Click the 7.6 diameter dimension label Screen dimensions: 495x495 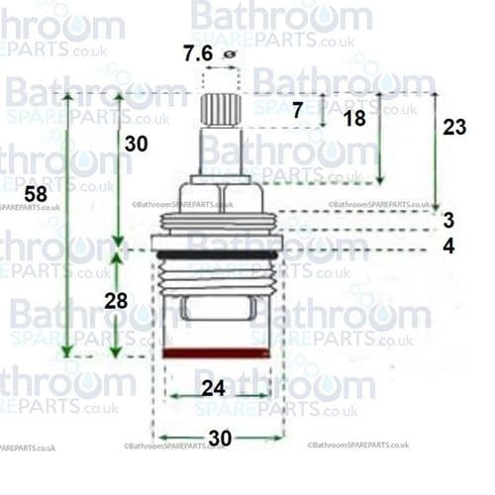(198, 53)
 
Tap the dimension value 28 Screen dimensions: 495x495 (116, 300)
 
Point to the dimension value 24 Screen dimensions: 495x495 (214, 387)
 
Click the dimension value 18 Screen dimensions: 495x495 (354, 118)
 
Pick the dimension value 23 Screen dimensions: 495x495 (454, 127)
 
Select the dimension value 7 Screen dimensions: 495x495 (298, 112)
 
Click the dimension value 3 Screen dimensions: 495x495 (448, 220)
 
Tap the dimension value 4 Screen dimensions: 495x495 (448, 245)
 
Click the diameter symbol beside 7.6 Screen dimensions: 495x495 (230, 55)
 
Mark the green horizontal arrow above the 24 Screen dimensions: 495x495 (218, 396)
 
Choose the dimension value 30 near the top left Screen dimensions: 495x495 (136, 144)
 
